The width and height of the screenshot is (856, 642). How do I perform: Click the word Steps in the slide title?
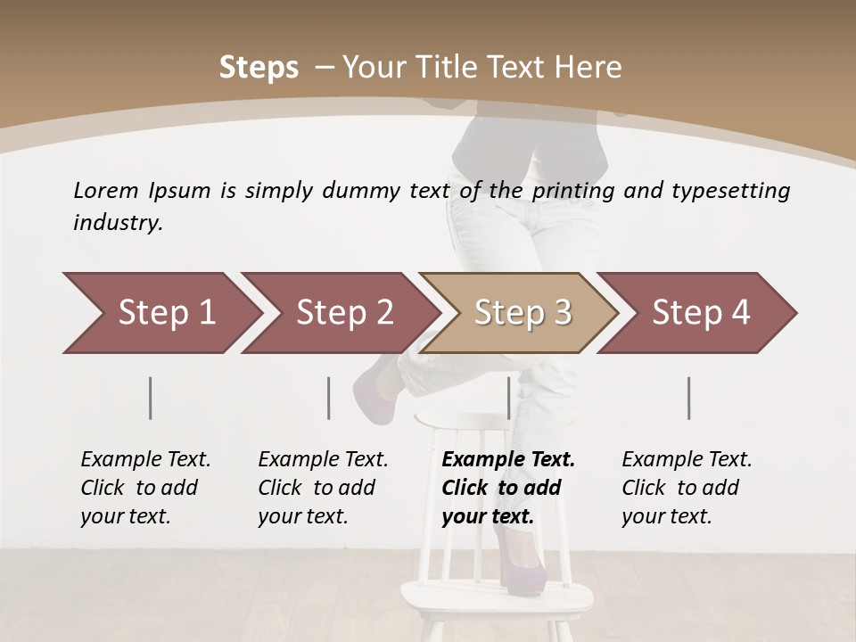[x=259, y=68]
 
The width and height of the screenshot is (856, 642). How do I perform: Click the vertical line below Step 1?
[x=151, y=398]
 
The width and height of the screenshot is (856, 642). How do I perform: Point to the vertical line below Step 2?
[x=329, y=398]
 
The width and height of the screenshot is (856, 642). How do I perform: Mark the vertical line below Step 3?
[x=508, y=398]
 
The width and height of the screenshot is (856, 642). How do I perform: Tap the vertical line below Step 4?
[x=689, y=398]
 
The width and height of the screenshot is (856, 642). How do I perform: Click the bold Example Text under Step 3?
[x=508, y=460]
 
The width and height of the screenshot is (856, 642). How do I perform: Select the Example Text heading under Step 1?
[x=145, y=460]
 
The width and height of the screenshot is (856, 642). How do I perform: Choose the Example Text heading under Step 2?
[x=323, y=460]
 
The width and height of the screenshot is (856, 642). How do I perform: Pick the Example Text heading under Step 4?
[x=687, y=460]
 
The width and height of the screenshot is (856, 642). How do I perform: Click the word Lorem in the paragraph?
[x=106, y=190]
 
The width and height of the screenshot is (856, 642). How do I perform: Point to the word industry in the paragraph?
[x=118, y=223]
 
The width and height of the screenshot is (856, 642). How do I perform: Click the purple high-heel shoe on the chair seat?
[x=523, y=562]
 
